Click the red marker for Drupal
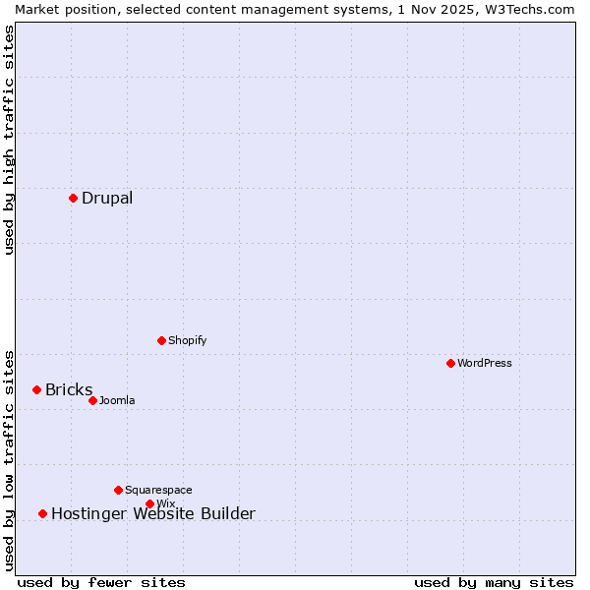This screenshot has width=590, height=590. (73, 198)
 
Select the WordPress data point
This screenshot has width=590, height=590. (450, 363)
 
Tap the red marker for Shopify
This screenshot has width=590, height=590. (161, 340)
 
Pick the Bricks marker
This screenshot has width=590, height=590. (36, 389)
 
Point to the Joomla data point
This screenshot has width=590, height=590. (92, 400)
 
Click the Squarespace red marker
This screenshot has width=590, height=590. (118, 490)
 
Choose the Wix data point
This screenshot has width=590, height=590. (149, 503)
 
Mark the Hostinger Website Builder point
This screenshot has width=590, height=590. (42, 513)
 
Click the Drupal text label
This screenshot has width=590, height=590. (107, 199)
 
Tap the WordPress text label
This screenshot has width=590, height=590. (485, 363)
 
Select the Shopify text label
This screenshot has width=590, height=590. (187, 340)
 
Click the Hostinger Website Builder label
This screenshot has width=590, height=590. (152, 513)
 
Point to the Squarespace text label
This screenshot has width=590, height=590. (158, 490)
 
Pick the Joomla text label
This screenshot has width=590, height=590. (117, 400)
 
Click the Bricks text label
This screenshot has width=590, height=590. (69, 390)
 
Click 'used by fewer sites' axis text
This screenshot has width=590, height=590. (101, 582)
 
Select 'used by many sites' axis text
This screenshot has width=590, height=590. (494, 582)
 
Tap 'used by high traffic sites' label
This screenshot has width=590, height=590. (9, 140)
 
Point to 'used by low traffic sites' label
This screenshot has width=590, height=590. (9, 459)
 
